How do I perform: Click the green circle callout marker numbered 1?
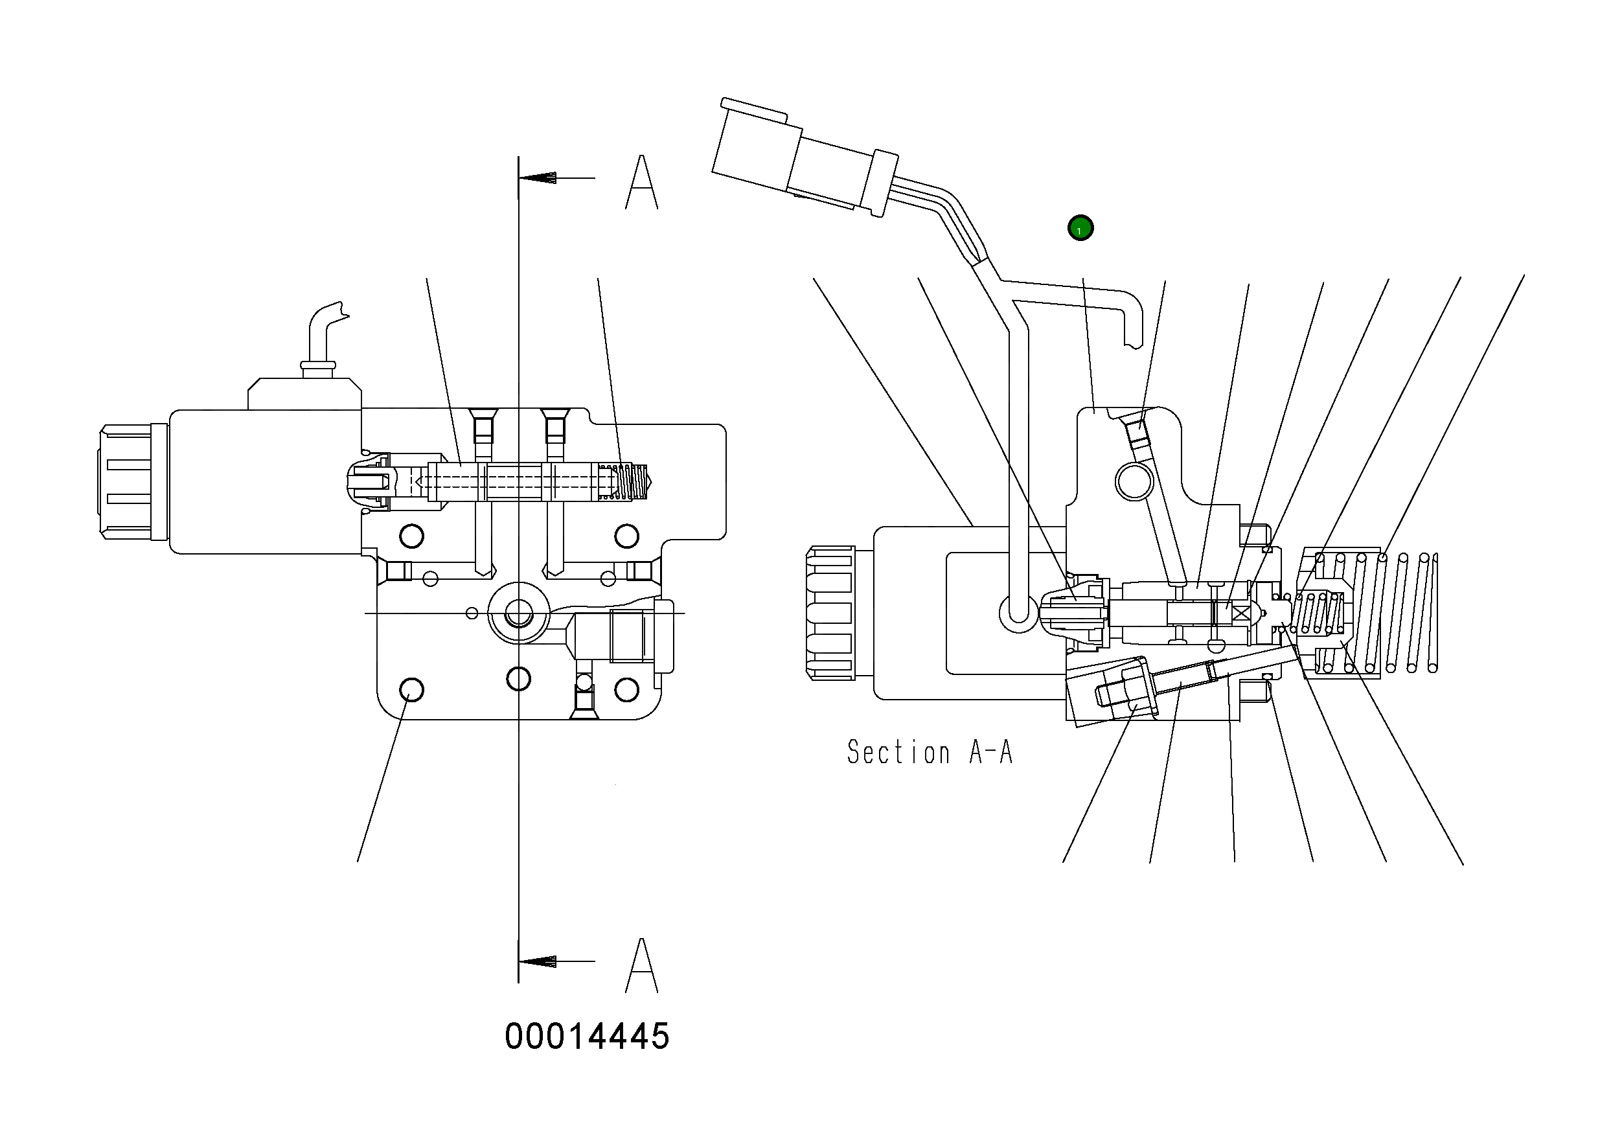tap(1080, 228)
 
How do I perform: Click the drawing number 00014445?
tap(586, 1037)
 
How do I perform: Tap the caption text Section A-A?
tap(930, 753)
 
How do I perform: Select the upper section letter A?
tap(641, 182)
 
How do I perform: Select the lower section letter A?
tap(641, 966)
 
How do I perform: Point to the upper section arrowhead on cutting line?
tap(539, 178)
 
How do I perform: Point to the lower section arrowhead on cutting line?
tap(539, 961)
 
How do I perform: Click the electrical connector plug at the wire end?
tap(791, 155)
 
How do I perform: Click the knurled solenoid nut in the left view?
tap(126, 482)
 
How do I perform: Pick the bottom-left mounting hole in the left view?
tap(412, 689)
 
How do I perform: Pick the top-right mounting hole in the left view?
tap(626, 536)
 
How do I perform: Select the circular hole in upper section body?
tap(1134, 481)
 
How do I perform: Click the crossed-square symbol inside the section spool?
tap(1240, 612)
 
